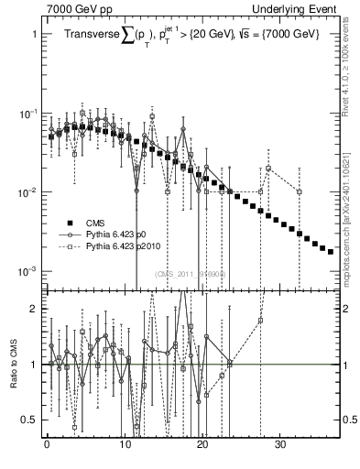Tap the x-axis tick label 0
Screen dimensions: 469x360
47,450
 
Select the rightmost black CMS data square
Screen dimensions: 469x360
331,251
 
